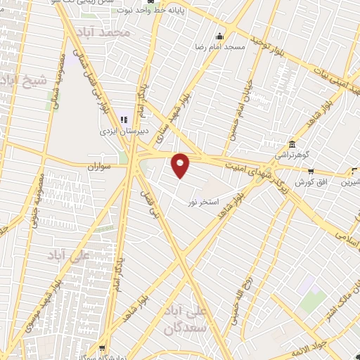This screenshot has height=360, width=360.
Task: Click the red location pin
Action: pyautogui.click(x=181, y=165)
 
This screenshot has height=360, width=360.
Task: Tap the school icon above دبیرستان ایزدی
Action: pyautogui.click(x=124, y=120)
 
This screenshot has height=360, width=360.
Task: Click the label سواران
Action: pyautogui.click(x=100, y=168)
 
